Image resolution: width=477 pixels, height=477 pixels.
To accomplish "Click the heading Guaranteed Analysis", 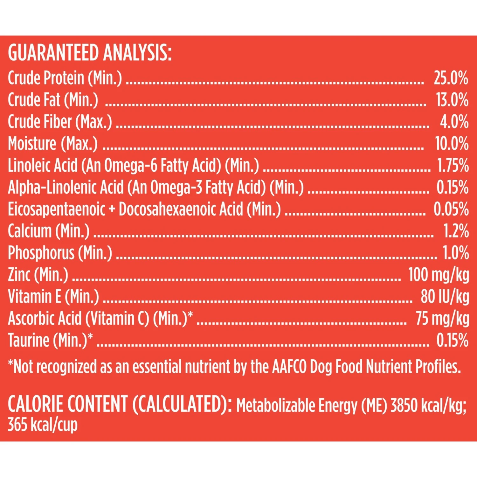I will click(x=90, y=53).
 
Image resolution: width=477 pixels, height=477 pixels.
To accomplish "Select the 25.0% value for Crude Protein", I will click(x=451, y=78).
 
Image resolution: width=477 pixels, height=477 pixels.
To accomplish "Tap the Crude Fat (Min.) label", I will click(x=53, y=100).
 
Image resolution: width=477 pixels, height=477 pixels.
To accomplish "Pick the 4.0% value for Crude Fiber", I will click(x=454, y=122).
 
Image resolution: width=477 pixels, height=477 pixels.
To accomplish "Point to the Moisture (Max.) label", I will click(x=53, y=144).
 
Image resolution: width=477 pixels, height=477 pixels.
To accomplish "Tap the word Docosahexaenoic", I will click(x=181, y=210).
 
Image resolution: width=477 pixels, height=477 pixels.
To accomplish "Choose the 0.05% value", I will click(x=451, y=210).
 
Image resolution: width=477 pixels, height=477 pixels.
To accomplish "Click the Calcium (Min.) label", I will click(x=49, y=231).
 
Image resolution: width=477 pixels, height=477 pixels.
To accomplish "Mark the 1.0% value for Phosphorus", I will click(x=456, y=253).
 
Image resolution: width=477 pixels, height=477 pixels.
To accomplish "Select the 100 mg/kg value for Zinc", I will click(x=439, y=275).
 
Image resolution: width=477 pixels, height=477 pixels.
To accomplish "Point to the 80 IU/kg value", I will click(x=445, y=297).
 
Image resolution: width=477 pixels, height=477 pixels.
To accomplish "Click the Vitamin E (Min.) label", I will click(x=53, y=297).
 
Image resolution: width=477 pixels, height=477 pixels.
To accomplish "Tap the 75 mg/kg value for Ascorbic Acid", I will click(x=442, y=318).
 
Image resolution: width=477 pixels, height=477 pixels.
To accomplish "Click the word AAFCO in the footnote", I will click(x=289, y=367).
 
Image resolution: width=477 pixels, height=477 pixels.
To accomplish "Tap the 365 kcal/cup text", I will click(x=43, y=425).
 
